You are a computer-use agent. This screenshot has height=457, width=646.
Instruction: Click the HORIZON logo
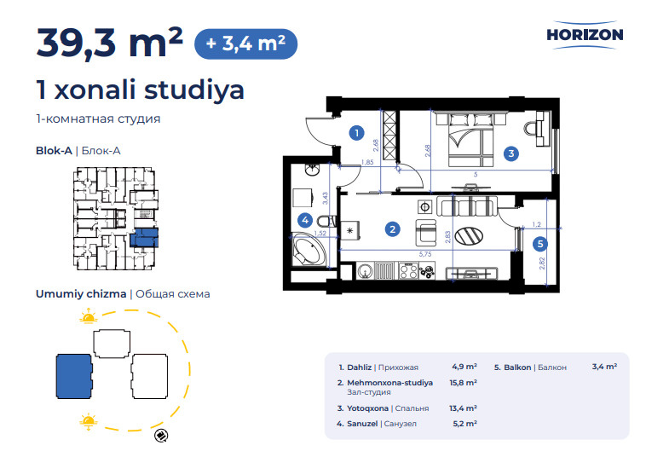(585, 35)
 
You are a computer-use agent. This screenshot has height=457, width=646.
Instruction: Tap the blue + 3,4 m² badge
(245, 43)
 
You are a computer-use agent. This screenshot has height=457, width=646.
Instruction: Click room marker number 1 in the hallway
(356, 133)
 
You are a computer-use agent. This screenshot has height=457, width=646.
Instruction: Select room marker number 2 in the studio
(392, 229)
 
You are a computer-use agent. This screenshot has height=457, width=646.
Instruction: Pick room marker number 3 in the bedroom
(510, 153)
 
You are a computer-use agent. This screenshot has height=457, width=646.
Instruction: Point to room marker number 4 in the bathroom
(305, 221)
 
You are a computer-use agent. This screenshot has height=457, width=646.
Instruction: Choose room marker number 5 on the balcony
(540, 244)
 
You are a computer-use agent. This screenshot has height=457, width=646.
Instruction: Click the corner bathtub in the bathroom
(309, 250)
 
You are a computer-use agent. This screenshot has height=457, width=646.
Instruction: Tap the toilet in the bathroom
(327, 222)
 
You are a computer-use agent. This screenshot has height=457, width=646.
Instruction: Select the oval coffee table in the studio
(469, 236)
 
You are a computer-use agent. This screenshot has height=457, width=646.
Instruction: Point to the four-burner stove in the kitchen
(408, 271)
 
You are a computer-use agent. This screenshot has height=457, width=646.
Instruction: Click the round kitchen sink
(365, 272)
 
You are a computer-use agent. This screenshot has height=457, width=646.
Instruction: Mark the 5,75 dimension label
(424, 254)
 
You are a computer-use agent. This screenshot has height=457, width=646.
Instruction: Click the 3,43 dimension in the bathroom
(326, 198)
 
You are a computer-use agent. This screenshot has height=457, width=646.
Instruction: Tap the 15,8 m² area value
(463, 383)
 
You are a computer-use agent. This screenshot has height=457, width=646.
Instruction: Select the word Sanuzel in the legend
(362, 424)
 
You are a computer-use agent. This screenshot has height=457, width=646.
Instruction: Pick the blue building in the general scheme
(74, 376)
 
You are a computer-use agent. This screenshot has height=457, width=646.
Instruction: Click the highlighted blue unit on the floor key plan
(144, 238)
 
